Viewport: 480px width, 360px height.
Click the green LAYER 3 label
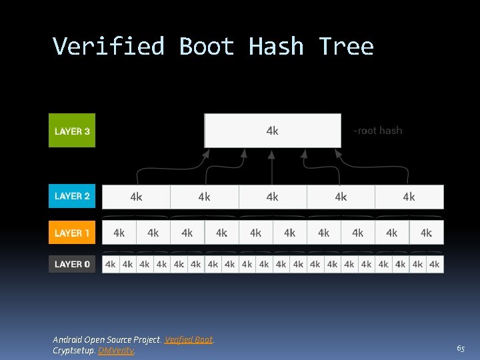tap(72, 131)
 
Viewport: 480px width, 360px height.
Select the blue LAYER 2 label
tap(72, 196)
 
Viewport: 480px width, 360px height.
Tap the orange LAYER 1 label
tap(72, 233)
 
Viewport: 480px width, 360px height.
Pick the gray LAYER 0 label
tap(72, 264)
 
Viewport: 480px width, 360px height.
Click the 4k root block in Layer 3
tap(272, 131)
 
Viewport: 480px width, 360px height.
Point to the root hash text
tap(377, 131)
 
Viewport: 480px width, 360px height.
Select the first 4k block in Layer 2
tap(136, 197)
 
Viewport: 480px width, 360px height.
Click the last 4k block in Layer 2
tap(409, 197)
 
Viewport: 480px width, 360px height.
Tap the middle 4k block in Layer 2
tap(272, 197)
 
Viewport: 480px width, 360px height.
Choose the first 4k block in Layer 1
tap(119, 233)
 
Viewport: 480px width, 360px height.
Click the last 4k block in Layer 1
tap(426, 233)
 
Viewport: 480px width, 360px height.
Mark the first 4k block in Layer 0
tap(111, 264)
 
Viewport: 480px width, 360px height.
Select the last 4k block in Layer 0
tap(435, 264)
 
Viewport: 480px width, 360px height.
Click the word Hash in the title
tap(276, 47)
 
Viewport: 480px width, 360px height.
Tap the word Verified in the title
tap(108, 47)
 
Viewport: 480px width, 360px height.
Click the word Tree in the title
tap(346, 47)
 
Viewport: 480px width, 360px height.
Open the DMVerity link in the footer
tap(116, 350)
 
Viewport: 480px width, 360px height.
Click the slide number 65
tap(461, 349)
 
